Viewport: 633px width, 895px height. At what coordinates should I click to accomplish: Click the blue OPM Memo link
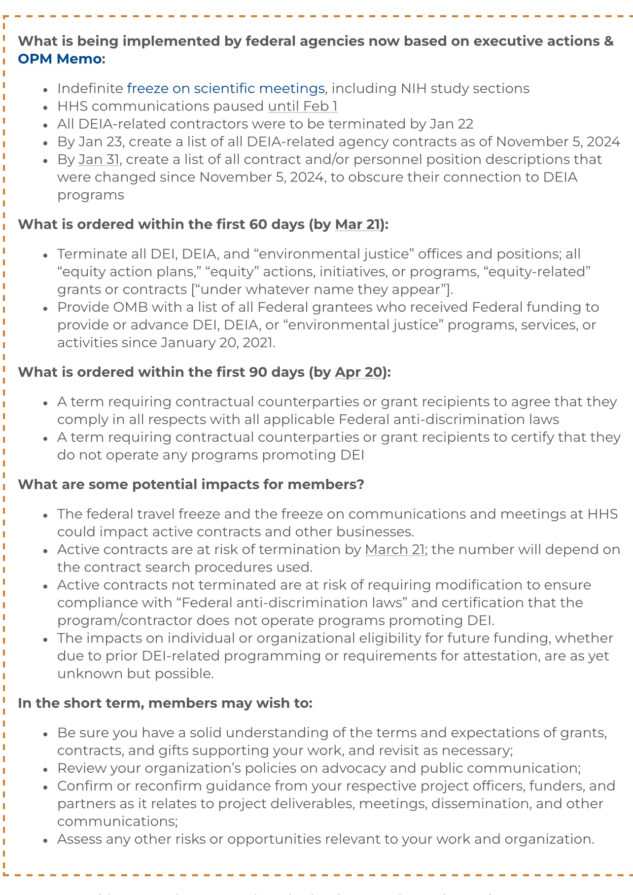tap(59, 59)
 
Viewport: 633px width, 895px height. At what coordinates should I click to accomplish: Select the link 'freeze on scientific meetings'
tap(225, 89)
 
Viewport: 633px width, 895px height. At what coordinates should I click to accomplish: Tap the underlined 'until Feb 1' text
tap(303, 107)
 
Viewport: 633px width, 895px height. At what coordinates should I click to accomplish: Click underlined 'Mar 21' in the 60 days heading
tap(357, 225)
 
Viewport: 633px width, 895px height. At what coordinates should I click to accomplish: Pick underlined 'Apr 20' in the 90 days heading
tap(358, 372)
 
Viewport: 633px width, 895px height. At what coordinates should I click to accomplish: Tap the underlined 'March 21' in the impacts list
tap(394, 550)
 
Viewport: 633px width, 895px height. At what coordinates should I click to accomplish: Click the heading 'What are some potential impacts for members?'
tap(191, 485)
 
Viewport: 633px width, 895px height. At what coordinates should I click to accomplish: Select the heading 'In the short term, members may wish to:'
tap(165, 703)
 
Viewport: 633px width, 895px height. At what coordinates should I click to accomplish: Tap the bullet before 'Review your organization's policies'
tap(45, 769)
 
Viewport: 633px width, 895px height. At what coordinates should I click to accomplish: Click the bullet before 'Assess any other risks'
tap(45, 840)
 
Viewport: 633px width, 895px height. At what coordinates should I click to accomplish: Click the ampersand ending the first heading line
tap(608, 41)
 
